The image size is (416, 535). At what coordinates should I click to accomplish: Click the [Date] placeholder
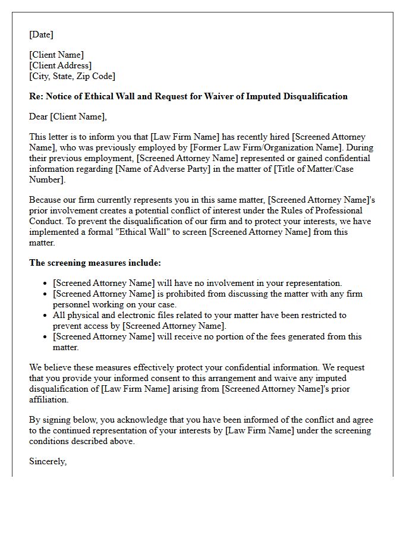pos(41,34)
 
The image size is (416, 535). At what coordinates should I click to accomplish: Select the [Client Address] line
pos(60,65)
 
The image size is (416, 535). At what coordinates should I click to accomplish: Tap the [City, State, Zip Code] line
pos(72,76)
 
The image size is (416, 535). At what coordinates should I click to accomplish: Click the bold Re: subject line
pos(188,96)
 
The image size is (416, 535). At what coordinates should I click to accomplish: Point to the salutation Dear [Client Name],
pos(68,117)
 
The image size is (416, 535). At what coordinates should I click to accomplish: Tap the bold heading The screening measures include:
pos(94,263)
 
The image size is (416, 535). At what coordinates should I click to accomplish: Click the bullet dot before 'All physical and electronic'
pos(47,316)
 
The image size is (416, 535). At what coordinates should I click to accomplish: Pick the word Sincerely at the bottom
pos(48,461)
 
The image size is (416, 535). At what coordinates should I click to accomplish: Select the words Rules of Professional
pos(320,210)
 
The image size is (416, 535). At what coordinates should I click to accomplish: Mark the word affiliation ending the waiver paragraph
pos(50,399)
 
